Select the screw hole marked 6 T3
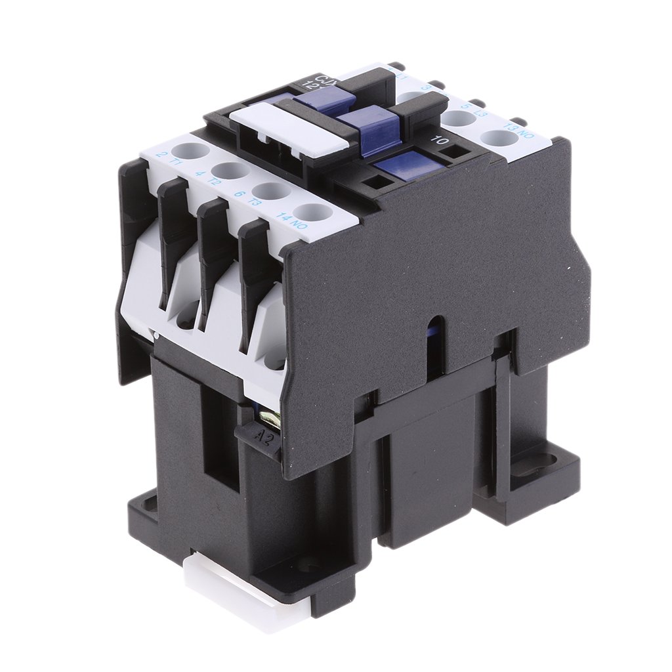tap(270, 191)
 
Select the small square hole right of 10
tap(453, 152)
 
